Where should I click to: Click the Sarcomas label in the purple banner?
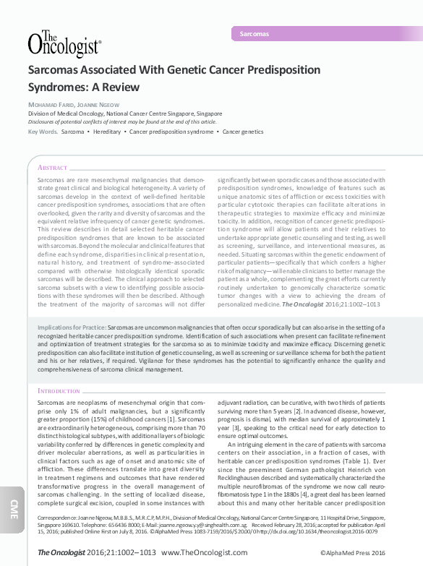tap(254, 34)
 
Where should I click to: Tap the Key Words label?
tap(43, 132)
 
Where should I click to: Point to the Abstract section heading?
tap(52, 167)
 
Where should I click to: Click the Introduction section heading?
tap(59, 391)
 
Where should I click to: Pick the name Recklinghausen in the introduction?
tap(250, 468)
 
